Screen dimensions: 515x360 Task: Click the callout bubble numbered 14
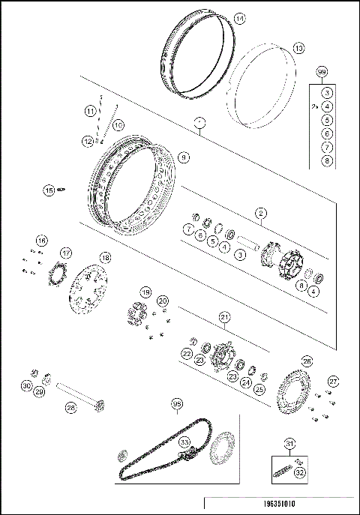[238, 19]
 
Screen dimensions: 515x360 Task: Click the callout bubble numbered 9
[184, 157]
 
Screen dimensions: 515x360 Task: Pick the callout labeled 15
[49, 190]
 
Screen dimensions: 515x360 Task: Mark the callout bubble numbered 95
[177, 405]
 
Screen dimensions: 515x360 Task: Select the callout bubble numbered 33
[184, 443]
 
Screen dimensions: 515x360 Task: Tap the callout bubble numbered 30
[26, 386]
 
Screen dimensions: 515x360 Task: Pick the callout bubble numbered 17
[66, 253]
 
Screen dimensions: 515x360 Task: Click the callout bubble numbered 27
[334, 381]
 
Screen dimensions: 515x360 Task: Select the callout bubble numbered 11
[90, 111]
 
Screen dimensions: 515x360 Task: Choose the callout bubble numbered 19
[145, 292]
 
